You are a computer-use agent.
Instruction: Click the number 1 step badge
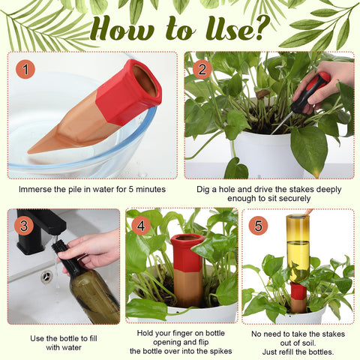click(25, 69)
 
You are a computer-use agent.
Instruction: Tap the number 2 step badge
click(202, 69)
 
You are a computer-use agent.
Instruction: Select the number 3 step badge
click(24, 226)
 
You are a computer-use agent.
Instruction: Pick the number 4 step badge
click(141, 226)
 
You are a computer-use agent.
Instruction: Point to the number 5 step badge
click(258, 226)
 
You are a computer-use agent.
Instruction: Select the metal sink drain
click(47, 277)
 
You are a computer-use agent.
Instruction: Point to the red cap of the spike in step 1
click(129, 91)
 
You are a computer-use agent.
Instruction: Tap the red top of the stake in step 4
click(187, 253)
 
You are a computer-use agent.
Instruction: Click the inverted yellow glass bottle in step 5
click(298, 248)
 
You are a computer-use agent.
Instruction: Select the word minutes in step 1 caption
click(151, 189)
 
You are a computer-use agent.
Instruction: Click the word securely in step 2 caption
click(295, 199)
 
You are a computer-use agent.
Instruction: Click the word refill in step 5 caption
click(290, 352)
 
